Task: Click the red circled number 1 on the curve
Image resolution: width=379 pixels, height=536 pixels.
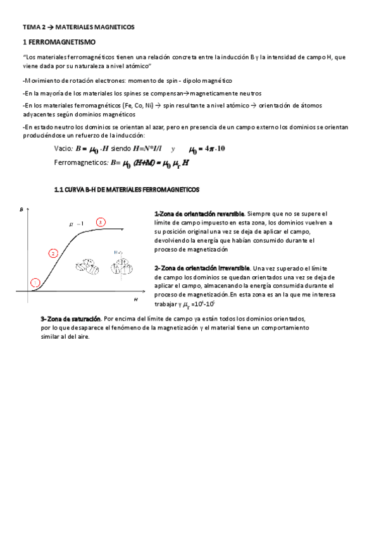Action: [x=35, y=283]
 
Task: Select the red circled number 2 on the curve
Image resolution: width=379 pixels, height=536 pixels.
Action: [x=53, y=253]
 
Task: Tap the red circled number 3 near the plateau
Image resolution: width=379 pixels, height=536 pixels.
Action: [x=101, y=222]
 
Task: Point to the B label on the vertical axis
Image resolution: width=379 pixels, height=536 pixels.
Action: [x=23, y=217]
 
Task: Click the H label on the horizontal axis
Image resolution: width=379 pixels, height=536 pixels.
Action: [x=135, y=298]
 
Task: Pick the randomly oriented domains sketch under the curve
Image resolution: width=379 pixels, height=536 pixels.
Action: [x=86, y=266]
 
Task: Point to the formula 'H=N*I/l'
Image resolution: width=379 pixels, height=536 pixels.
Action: [x=148, y=149]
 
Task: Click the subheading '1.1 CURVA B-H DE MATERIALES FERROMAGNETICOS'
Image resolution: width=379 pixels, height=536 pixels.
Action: [x=127, y=189]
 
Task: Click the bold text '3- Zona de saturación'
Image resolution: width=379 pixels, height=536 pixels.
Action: [x=69, y=318]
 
